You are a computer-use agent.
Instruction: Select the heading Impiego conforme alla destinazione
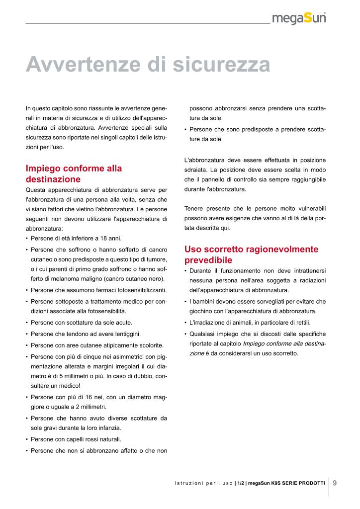point(74,173)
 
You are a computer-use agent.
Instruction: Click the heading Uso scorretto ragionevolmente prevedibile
point(251,254)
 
